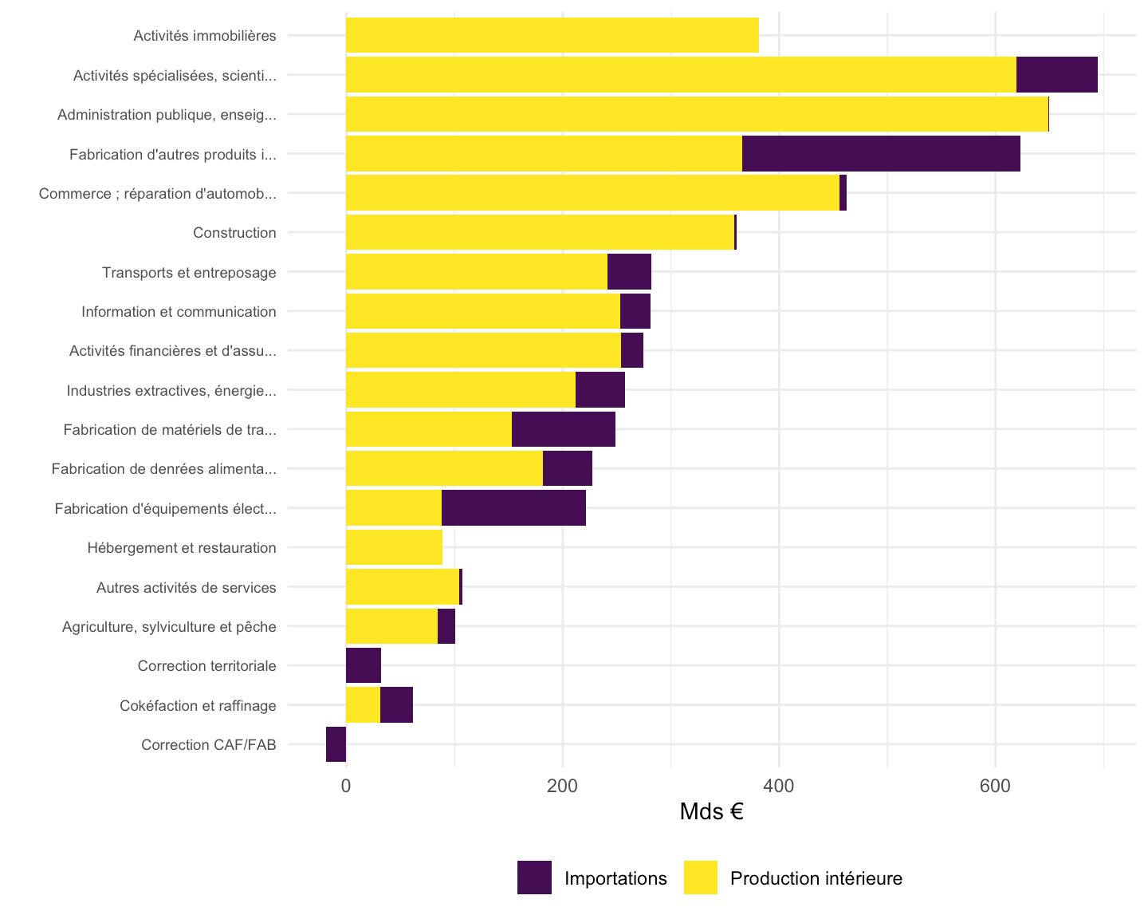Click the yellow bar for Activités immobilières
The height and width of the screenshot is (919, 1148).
(552, 35)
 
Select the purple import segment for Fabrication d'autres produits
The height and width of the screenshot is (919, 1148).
(880, 153)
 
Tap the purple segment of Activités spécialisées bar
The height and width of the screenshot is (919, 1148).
(1056, 75)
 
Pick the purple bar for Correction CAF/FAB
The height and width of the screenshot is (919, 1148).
(336, 743)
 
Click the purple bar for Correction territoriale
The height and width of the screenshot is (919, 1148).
(364, 665)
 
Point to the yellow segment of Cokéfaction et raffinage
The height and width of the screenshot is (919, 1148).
(363, 704)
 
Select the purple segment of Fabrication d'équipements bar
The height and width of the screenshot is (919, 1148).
(513, 507)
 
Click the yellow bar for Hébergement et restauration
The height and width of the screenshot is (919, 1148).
(394, 546)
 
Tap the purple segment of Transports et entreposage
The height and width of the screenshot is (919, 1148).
(629, 271)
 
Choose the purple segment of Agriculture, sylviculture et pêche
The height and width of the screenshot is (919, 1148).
(446, 626)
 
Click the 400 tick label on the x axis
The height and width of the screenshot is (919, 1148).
(778, 786)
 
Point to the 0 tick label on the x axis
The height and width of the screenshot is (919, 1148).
(346, 786)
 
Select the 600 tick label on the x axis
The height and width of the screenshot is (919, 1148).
(995, 786)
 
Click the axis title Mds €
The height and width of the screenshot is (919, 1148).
(711, 811)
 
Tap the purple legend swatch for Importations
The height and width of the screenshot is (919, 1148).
(534, 878)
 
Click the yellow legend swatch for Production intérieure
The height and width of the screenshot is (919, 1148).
(701, 878)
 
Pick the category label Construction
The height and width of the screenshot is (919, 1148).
(234, 232)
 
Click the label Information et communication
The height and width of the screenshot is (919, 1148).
(179, 311)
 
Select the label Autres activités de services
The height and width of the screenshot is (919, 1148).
(187, 587)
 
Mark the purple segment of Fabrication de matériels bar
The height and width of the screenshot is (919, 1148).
(563, 429)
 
